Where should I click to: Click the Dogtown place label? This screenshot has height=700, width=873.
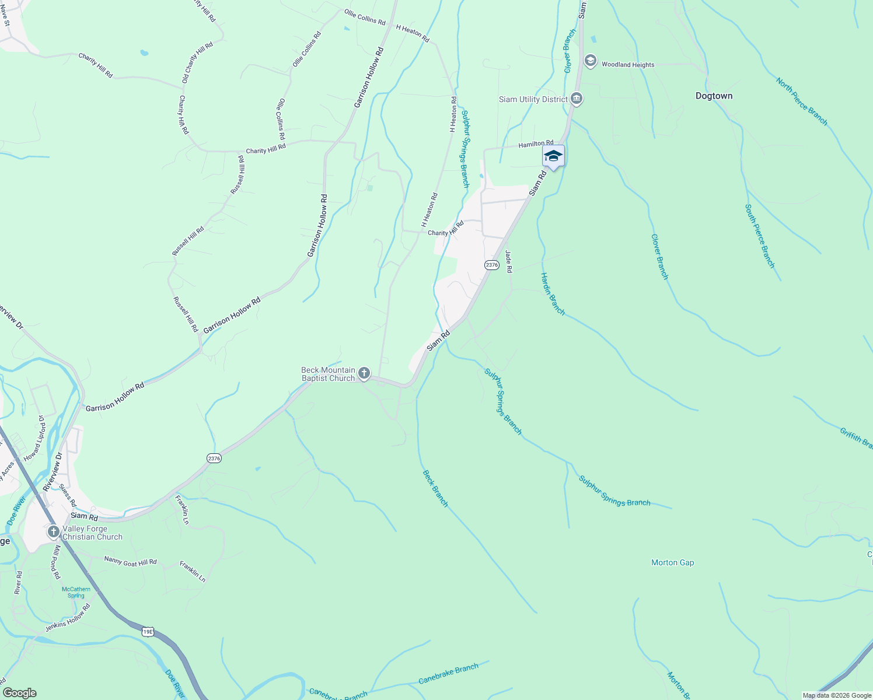pyautogui.click(x=714, y=96)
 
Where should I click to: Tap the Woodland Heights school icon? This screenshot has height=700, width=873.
pyautogui.click(x=590, y=61)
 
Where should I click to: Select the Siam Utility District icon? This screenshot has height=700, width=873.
pyautogui.click(x=577, y=99)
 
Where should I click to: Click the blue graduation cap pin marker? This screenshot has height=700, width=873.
pyautogui.click(x=553, y=156)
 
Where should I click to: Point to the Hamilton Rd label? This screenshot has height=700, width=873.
pyautogui.click(x=536, y=143)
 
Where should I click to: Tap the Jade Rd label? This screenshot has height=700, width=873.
pyautogui.click(x=508, y=261)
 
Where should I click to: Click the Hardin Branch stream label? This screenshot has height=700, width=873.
pyautogui.click(x=552, y=294)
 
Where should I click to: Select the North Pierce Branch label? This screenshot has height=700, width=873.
pyautogui.click(x=801, y=101)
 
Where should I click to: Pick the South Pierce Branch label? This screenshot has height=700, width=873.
pyautogui.click(x=759, y=236)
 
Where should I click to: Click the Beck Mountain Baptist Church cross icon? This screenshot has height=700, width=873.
pyautogui.click(x=364, y=373)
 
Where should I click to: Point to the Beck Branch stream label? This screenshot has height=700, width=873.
pyautogui.click(x=435, y=488)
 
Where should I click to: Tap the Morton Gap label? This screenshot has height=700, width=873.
pyautogui.click(x=672, y=563)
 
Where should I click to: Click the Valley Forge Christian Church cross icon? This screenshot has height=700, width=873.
pyautogui.click(x=53, y=532)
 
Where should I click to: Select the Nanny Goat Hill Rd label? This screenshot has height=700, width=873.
pyautogui.click(x=130, y=561)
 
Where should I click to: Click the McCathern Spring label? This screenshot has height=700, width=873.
pyautogui.click(x=76, y=592)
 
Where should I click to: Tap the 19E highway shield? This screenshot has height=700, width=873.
pyautogui.click(x=148, y=631)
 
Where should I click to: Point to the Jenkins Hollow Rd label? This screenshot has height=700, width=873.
pyautogui.click(x=68, y=619)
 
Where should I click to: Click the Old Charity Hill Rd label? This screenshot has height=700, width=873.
pyautogui.click(x=197, y=62)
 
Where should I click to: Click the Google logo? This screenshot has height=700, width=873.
pyautogui.click(x=19, y=693)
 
